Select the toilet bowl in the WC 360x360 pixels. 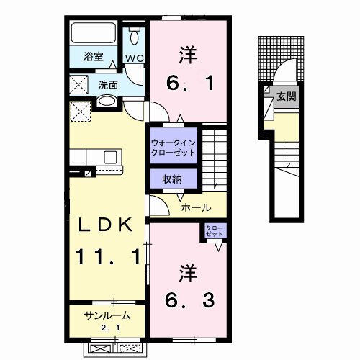135,37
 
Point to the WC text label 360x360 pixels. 134,58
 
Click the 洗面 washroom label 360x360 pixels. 108,84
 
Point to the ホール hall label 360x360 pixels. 196,207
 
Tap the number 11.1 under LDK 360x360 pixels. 107,256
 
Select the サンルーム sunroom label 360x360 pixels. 107,315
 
